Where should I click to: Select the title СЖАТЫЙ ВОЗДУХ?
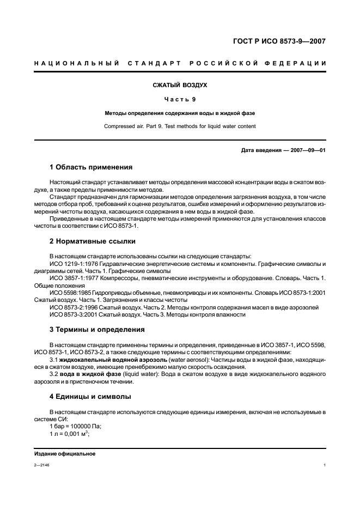point(180,85)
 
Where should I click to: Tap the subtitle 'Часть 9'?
point(180,99)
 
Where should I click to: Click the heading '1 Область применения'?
point(91,167)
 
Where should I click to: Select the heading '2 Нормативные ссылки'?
point(92,241)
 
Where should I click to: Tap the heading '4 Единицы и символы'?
point(90,396)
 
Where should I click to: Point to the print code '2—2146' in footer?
point(41,465)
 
